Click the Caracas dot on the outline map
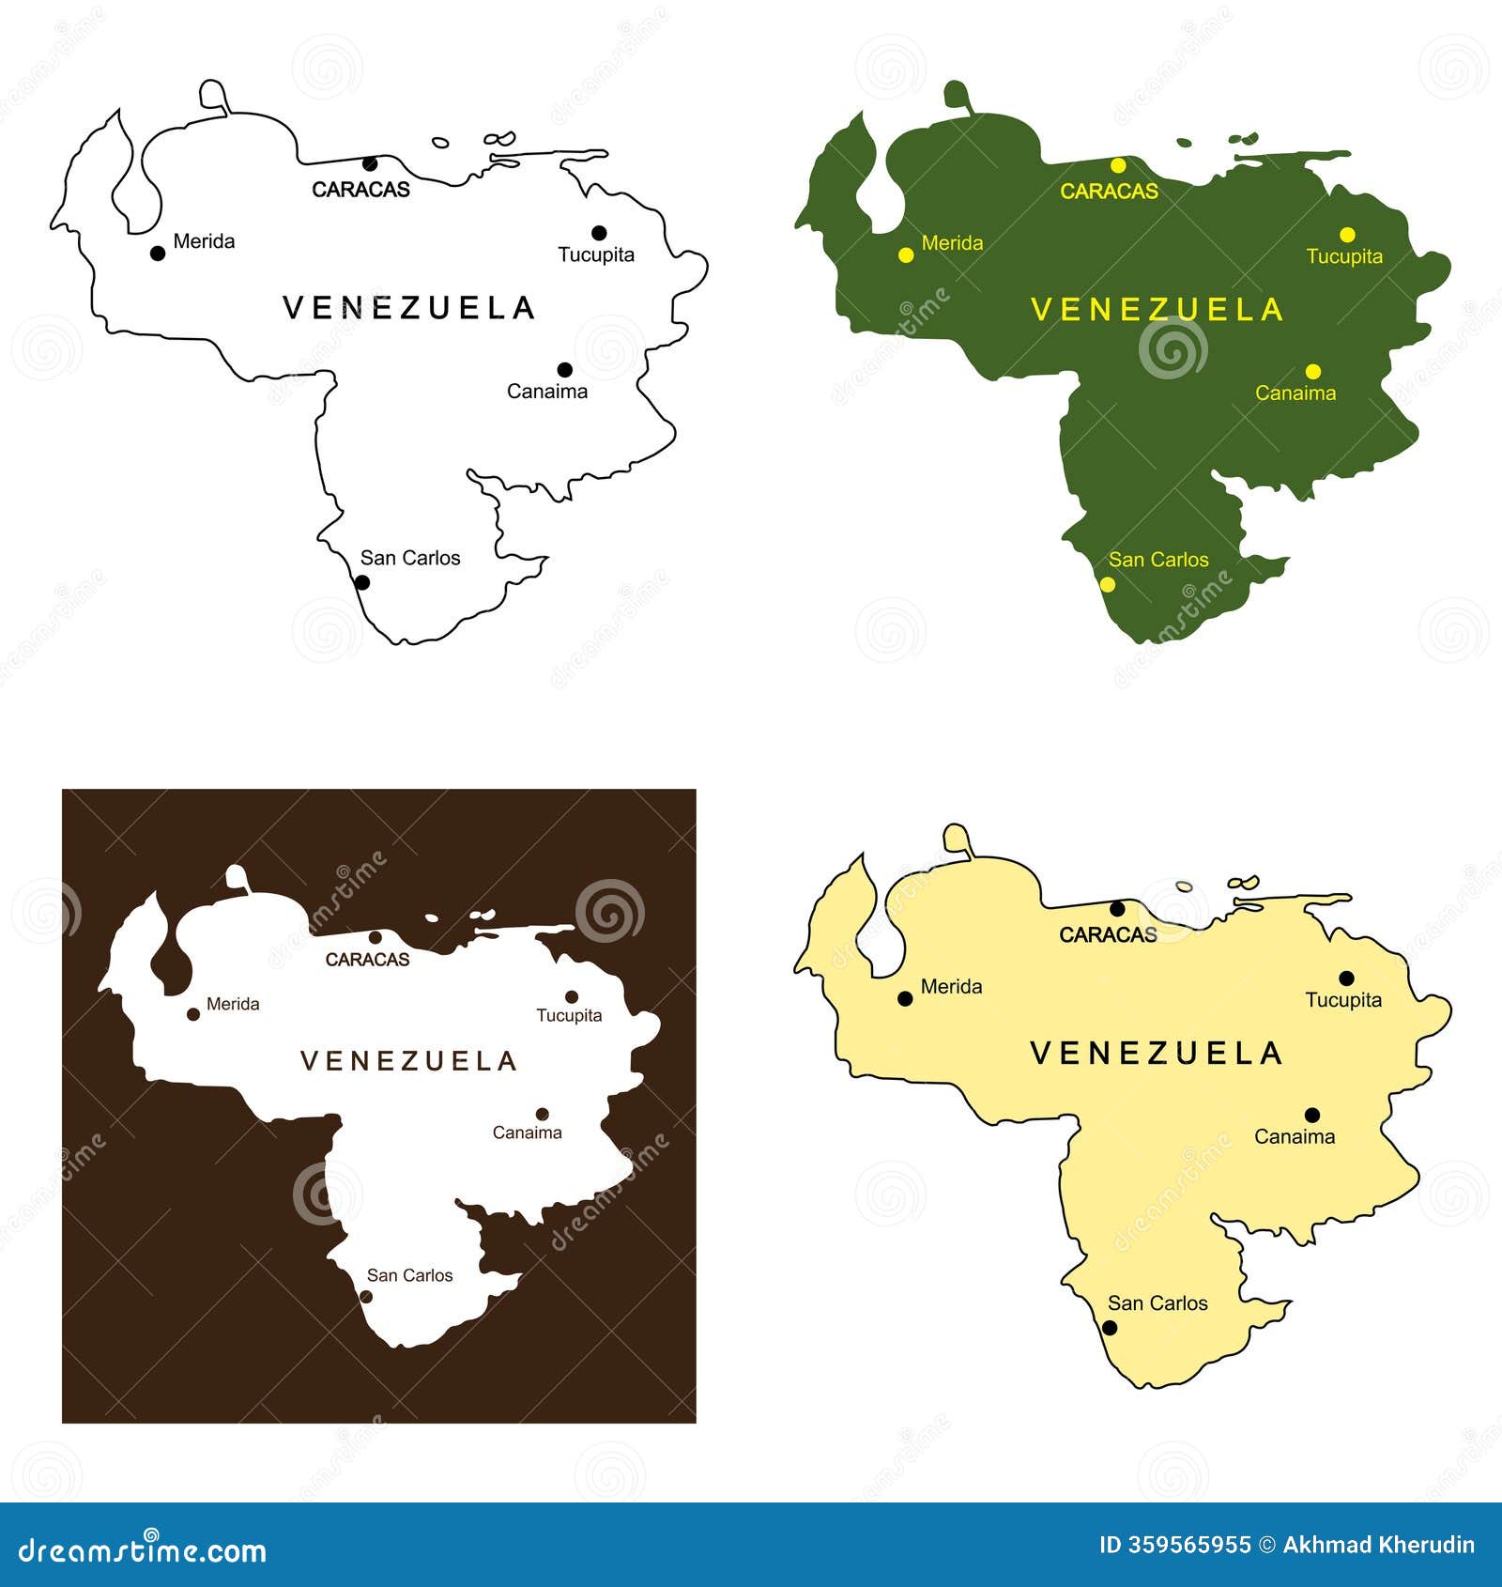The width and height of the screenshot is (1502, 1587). tap(370, 163)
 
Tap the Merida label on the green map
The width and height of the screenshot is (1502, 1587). tap(952, 243)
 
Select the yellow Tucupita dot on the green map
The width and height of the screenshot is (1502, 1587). tap(1347, 235)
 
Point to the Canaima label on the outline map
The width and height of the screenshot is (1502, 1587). tap(547, 392)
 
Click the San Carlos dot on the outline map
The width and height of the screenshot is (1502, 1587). tap(362, 582)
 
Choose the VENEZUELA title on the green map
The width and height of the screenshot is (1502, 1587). tap(1157, 310)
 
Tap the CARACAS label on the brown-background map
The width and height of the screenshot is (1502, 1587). tap(367, 960)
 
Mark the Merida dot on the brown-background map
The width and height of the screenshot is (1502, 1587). tap(193, 1014)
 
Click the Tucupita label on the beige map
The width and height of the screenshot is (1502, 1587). tap(1343, 1000)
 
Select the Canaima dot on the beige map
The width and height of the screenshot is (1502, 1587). tap(1312, 1116)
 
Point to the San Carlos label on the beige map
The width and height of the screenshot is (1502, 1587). tap(1157, 1303)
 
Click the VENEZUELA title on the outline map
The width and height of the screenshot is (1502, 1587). tap(408, 308)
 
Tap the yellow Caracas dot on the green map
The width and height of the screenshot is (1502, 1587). tap(1118, 166)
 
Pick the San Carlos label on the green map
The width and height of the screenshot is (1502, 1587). tap(1158, 560)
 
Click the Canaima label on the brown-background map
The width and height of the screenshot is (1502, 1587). tap(527, 1132)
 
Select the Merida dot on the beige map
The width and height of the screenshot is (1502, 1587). tap(905, 999)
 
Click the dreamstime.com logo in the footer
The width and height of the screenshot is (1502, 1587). tap(143, 1551)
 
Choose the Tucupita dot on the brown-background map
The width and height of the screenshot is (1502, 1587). tap(571, 997)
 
